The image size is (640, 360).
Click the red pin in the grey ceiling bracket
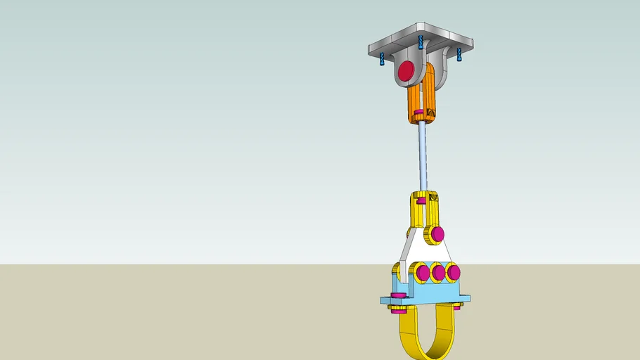407,71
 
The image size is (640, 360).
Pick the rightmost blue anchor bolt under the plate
459,54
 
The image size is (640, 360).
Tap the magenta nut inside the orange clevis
419,112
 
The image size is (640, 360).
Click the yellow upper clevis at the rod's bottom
425,208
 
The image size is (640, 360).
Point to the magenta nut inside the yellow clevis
421,201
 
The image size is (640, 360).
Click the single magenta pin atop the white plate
437,233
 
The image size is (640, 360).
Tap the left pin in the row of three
423,272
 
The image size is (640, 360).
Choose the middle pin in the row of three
438,272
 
